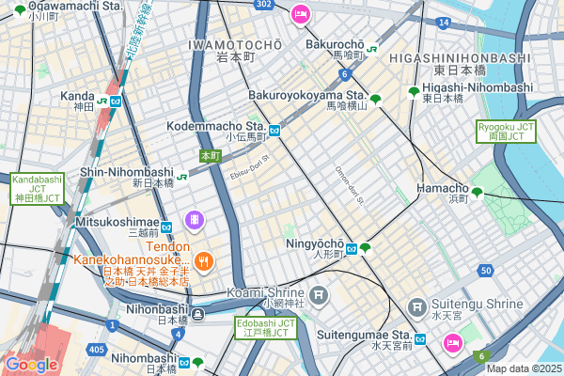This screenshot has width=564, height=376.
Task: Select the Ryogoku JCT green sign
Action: point(506,131)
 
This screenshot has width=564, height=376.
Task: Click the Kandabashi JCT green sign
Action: point(37,189)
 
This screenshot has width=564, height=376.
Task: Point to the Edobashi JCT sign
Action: point(265,328)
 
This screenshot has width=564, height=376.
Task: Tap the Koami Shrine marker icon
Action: point(320,295)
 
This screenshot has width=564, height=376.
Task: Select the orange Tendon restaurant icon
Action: point(205,261)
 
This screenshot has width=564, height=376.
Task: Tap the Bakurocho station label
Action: point(334,44)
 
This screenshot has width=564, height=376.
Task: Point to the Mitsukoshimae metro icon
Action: point(165,227)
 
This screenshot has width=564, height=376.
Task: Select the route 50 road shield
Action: point(485,271)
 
